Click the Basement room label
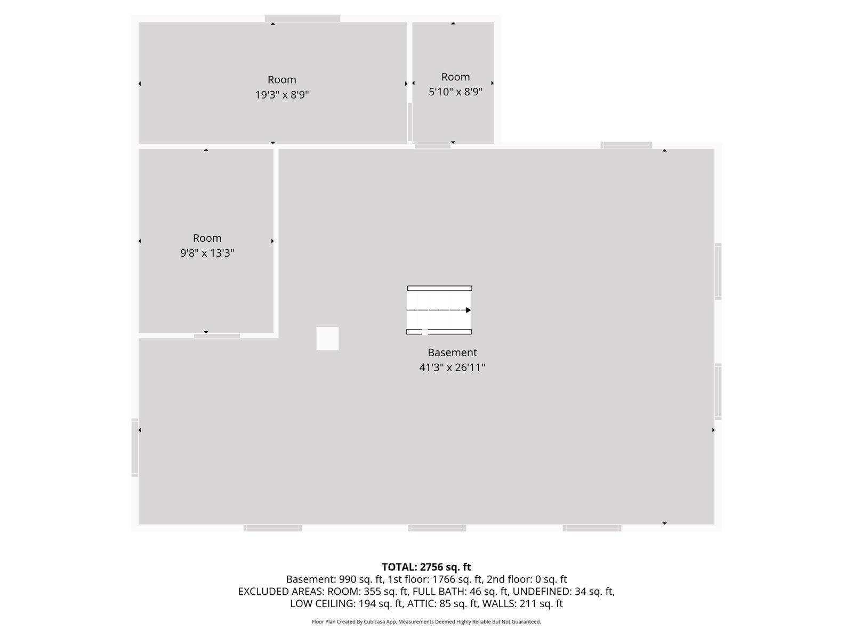click(x=452, y=353)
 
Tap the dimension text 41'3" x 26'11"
click(x=452, y=367)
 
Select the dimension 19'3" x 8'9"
click(x=282, y=95)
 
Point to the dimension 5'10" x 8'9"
click(x=455, y=92)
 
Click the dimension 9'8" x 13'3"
click(x=207, y=253)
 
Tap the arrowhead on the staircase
click(x=468, y=310)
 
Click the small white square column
click(x=327, y=339)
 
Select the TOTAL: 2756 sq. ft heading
click(x=426, y=567)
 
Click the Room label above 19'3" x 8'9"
click(x=282, y=80)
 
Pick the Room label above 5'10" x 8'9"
click(x=455, y=77)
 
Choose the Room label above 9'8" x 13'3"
click(x=207, y=238)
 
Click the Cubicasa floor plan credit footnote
click(x=426, y=621)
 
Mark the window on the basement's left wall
click(x=135, y=447)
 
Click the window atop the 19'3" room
click(x=302, y=19)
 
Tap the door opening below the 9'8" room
click(x=216, y=335)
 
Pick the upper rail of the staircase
click(x=439, y=289)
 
